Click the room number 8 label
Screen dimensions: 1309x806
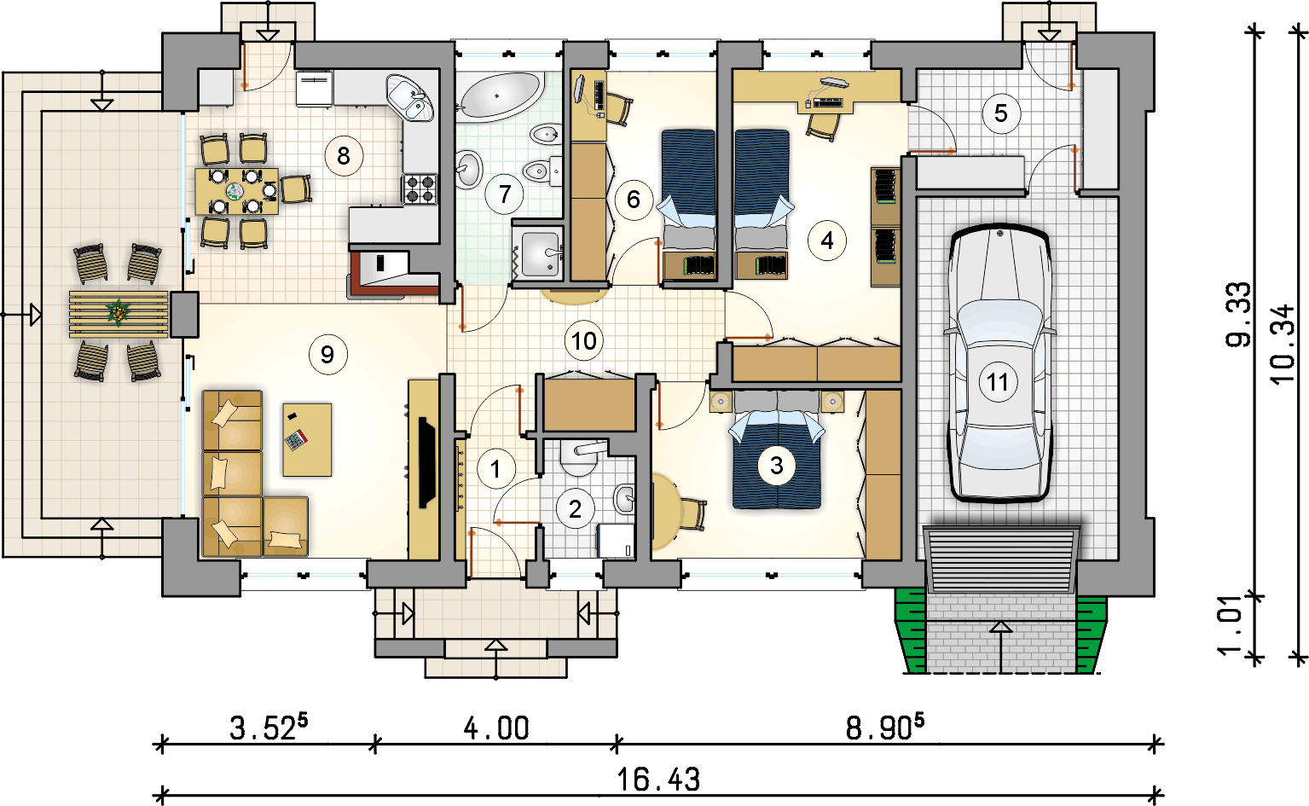[x=344, y=156]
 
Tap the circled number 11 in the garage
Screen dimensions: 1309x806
[x=998, y=382]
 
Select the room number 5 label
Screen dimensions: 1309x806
[x=1001, y=113]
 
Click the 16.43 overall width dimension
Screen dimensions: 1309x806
[x=658, y=780]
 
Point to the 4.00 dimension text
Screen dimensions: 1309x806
[x=496, y=729]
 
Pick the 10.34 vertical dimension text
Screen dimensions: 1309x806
[x=1283, y=345]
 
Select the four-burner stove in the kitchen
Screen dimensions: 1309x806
[x=420, y=188]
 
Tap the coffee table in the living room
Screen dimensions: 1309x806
[x=307, y=439]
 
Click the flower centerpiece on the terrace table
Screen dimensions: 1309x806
[x=119, y=312]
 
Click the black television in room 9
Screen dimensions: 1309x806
[x=427, y=462]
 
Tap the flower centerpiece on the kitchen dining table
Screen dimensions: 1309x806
[x=235, y=191]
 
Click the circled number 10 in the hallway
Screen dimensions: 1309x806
[x=584, y=341]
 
